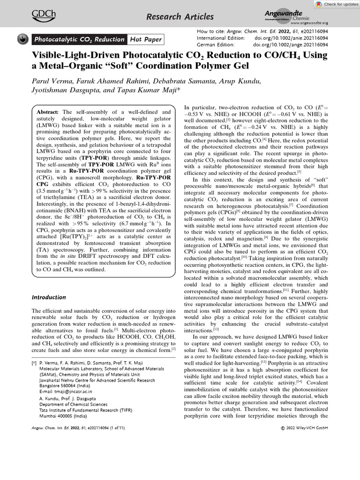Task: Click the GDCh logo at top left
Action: tap(43, 16)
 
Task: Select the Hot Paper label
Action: tap(146, 40)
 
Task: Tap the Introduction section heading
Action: tap(48, 297)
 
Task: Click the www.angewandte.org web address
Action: tap(309, 23)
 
